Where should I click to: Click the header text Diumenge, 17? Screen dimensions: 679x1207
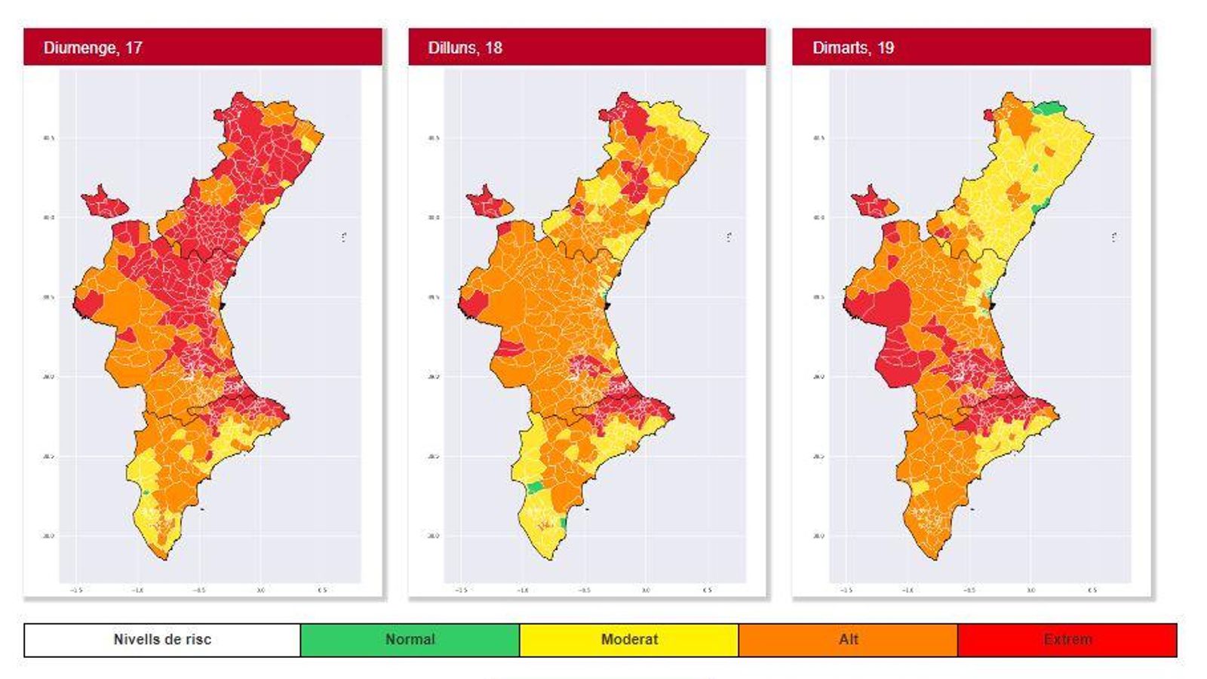pyautogui.click(x=93, y=48)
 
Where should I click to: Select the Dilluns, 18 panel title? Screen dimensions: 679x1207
pyautogui.click(x=465, y=48)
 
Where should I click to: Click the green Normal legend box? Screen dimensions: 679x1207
pyautogui.click(x=410, y=640)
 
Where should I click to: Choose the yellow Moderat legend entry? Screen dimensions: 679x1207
pyautogui.click(x=629, y=640)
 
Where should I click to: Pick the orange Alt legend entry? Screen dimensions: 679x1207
pyautogui.click(x=848, y=640)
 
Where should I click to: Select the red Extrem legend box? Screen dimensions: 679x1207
pyautogui.click(x=1067, y=640)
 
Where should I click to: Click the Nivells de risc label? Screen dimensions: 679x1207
pyautogui.click(x=162, y=640)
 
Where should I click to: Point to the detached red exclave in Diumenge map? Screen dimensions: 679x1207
pyautogui.click(x=104, y=203)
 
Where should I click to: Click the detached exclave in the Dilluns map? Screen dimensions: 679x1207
pyautogui.click(x=487, y=203)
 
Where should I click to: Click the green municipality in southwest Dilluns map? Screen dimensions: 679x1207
pyautogui.click(x=535, y=487)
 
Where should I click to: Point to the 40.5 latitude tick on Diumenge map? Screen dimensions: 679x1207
pyautogui.click(x=48, y=138)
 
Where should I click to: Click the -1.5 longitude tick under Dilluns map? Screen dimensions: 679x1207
pyautogui.click(x=461, y=590)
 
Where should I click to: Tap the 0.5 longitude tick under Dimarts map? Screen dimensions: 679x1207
pyautogui.click(x=1092, y=590)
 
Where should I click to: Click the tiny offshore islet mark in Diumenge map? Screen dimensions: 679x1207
pyautogui.click(x=344, y=237)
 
